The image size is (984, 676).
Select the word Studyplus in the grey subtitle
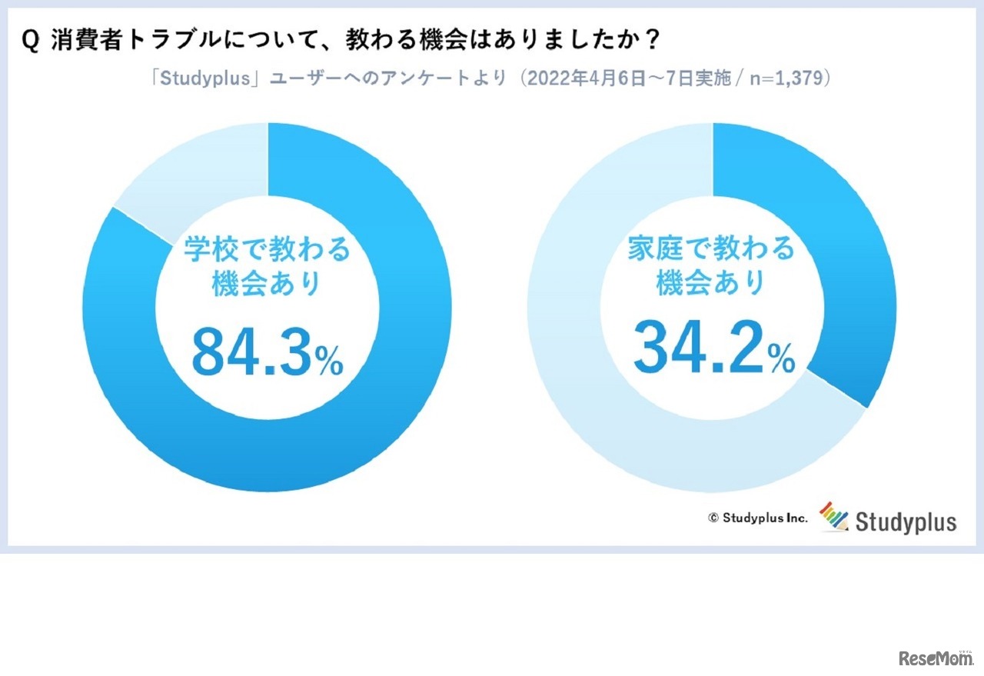(x=196, y=79)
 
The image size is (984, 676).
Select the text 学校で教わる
(x=266, y=250)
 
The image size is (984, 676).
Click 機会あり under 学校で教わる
(x=266, y=285)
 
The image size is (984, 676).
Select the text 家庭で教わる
(x=711, y=250)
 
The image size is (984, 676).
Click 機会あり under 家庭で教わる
(x=711, y=285)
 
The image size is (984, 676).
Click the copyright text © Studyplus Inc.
(x=758, y=518)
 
